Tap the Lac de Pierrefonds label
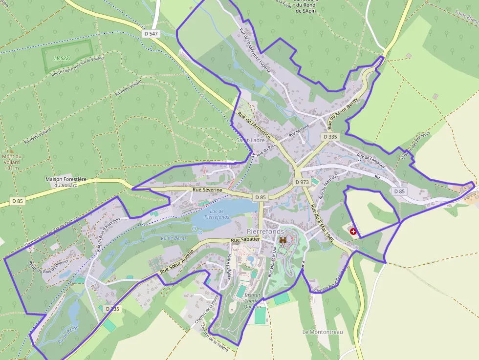[x=217, y=213]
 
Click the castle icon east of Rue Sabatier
[x=283, y=240]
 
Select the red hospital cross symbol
[x=353, y=231]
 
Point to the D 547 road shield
[x=152, y=34]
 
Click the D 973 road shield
[x=302, y=182]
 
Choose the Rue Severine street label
[x=208, y=190]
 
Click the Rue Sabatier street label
[x=245, y=240]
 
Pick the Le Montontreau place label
[x=323, y=332]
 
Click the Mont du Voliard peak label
[x=10, y=162]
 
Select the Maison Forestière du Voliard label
[x=65, y=182]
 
